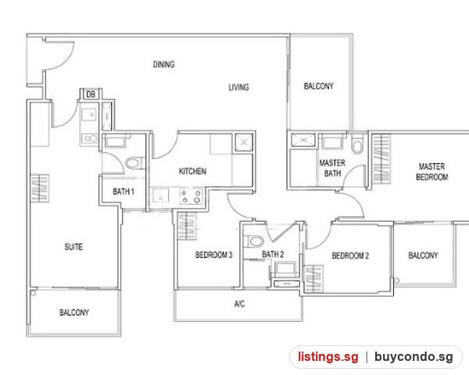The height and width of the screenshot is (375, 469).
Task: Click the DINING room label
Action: pos(163,64)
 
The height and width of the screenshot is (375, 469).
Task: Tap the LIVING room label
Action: pos(238,87)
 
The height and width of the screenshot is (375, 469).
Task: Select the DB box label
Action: pos(91,95)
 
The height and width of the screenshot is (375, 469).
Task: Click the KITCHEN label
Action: pos(192,171)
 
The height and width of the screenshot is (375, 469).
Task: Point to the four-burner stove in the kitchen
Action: pos(191,196)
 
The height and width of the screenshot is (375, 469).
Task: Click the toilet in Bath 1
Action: pos(133,163)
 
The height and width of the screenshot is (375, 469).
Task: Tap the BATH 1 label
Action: pos(124,191)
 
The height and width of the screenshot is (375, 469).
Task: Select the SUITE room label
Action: pos(73,247)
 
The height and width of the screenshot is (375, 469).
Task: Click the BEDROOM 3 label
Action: pos(214,255)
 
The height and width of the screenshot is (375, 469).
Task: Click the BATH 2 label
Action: pos(273,254)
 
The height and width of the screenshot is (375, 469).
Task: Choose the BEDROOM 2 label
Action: pos(350,255)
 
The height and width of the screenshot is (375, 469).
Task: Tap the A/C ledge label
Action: pos(239,304)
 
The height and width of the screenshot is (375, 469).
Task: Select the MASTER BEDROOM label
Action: pos(432,172)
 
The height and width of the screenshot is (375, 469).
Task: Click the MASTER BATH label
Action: pos(332,168)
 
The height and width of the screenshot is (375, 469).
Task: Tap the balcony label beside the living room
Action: pos(319,86)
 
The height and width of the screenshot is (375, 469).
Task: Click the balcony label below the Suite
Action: pos(74,312)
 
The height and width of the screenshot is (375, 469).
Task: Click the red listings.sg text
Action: pos(328,357)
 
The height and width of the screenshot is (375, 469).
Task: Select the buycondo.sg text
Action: pos(414,357)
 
